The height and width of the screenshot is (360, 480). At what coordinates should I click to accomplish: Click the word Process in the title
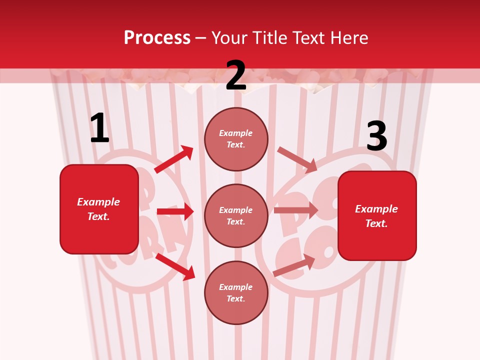tap(157, 38)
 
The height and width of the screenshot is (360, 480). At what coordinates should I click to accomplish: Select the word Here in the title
tap(349, 38)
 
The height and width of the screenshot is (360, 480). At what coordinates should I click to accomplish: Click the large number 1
tap(99, 128)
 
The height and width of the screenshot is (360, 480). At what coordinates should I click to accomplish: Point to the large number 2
tap(236, 75)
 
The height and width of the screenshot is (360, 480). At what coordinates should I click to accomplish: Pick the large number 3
tap(376, 136)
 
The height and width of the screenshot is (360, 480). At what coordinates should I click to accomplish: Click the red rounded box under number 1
tap(99, 209)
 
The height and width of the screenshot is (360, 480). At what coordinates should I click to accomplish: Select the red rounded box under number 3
tap(377, 216)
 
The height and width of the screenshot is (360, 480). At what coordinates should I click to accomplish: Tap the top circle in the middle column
tap(236, 139)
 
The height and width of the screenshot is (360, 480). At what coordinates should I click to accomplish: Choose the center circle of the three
tap(236, 215)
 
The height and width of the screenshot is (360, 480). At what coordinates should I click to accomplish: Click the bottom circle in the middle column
tap(236, 292)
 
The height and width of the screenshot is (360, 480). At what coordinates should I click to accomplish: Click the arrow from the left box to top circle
tap(174, 159)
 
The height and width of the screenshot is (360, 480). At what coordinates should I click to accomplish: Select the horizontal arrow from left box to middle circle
tap(175, 211)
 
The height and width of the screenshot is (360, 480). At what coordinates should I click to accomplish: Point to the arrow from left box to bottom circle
tap(175, 266)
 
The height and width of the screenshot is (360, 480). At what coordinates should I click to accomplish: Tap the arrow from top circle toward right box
tap(297, 159)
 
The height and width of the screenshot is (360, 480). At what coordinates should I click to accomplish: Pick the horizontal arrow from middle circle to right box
tap(296, 210)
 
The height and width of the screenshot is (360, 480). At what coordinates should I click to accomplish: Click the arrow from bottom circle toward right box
tap(294, 265)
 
